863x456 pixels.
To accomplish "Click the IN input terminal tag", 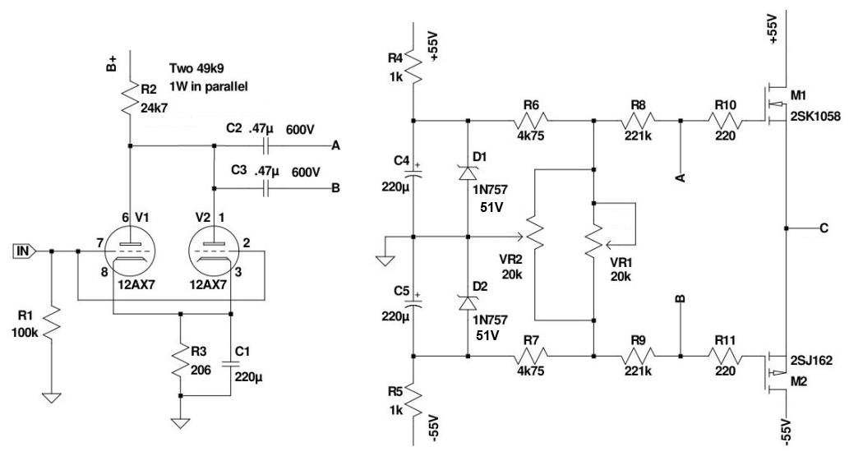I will [x=24, y=251].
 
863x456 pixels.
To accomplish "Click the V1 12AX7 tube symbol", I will [x=130, y=251].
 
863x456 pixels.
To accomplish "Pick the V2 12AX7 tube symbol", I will [x=213, y=251].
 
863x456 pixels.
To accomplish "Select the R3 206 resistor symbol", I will [x=179, y=358].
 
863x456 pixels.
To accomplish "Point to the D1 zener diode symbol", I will [x=468, y=172].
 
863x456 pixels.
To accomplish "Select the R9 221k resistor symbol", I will [x=638, y=357].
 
